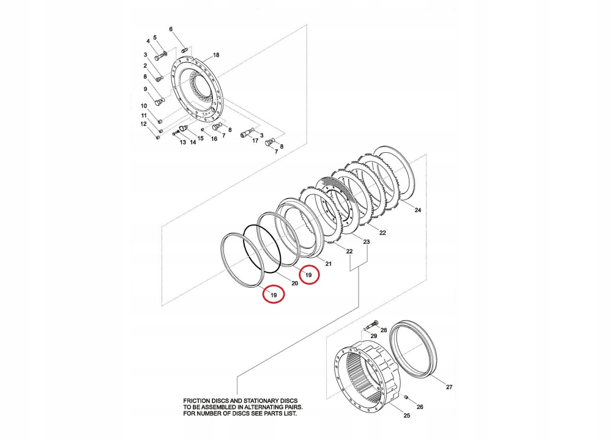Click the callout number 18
click(216, 55)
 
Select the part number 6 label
click(171, 29)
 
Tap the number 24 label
click(418, 210)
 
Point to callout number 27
click(449, 387)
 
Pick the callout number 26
click(419, 406)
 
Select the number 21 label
click(328, 264)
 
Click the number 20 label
click(294, 283)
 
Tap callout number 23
click(367, 243)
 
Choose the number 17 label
click(255, 141)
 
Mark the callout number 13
click(182, 142)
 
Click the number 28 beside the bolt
click(384, 330)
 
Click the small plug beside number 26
click(406, 397)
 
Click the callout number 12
click(144, 124)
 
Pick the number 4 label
click(147, 41)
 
